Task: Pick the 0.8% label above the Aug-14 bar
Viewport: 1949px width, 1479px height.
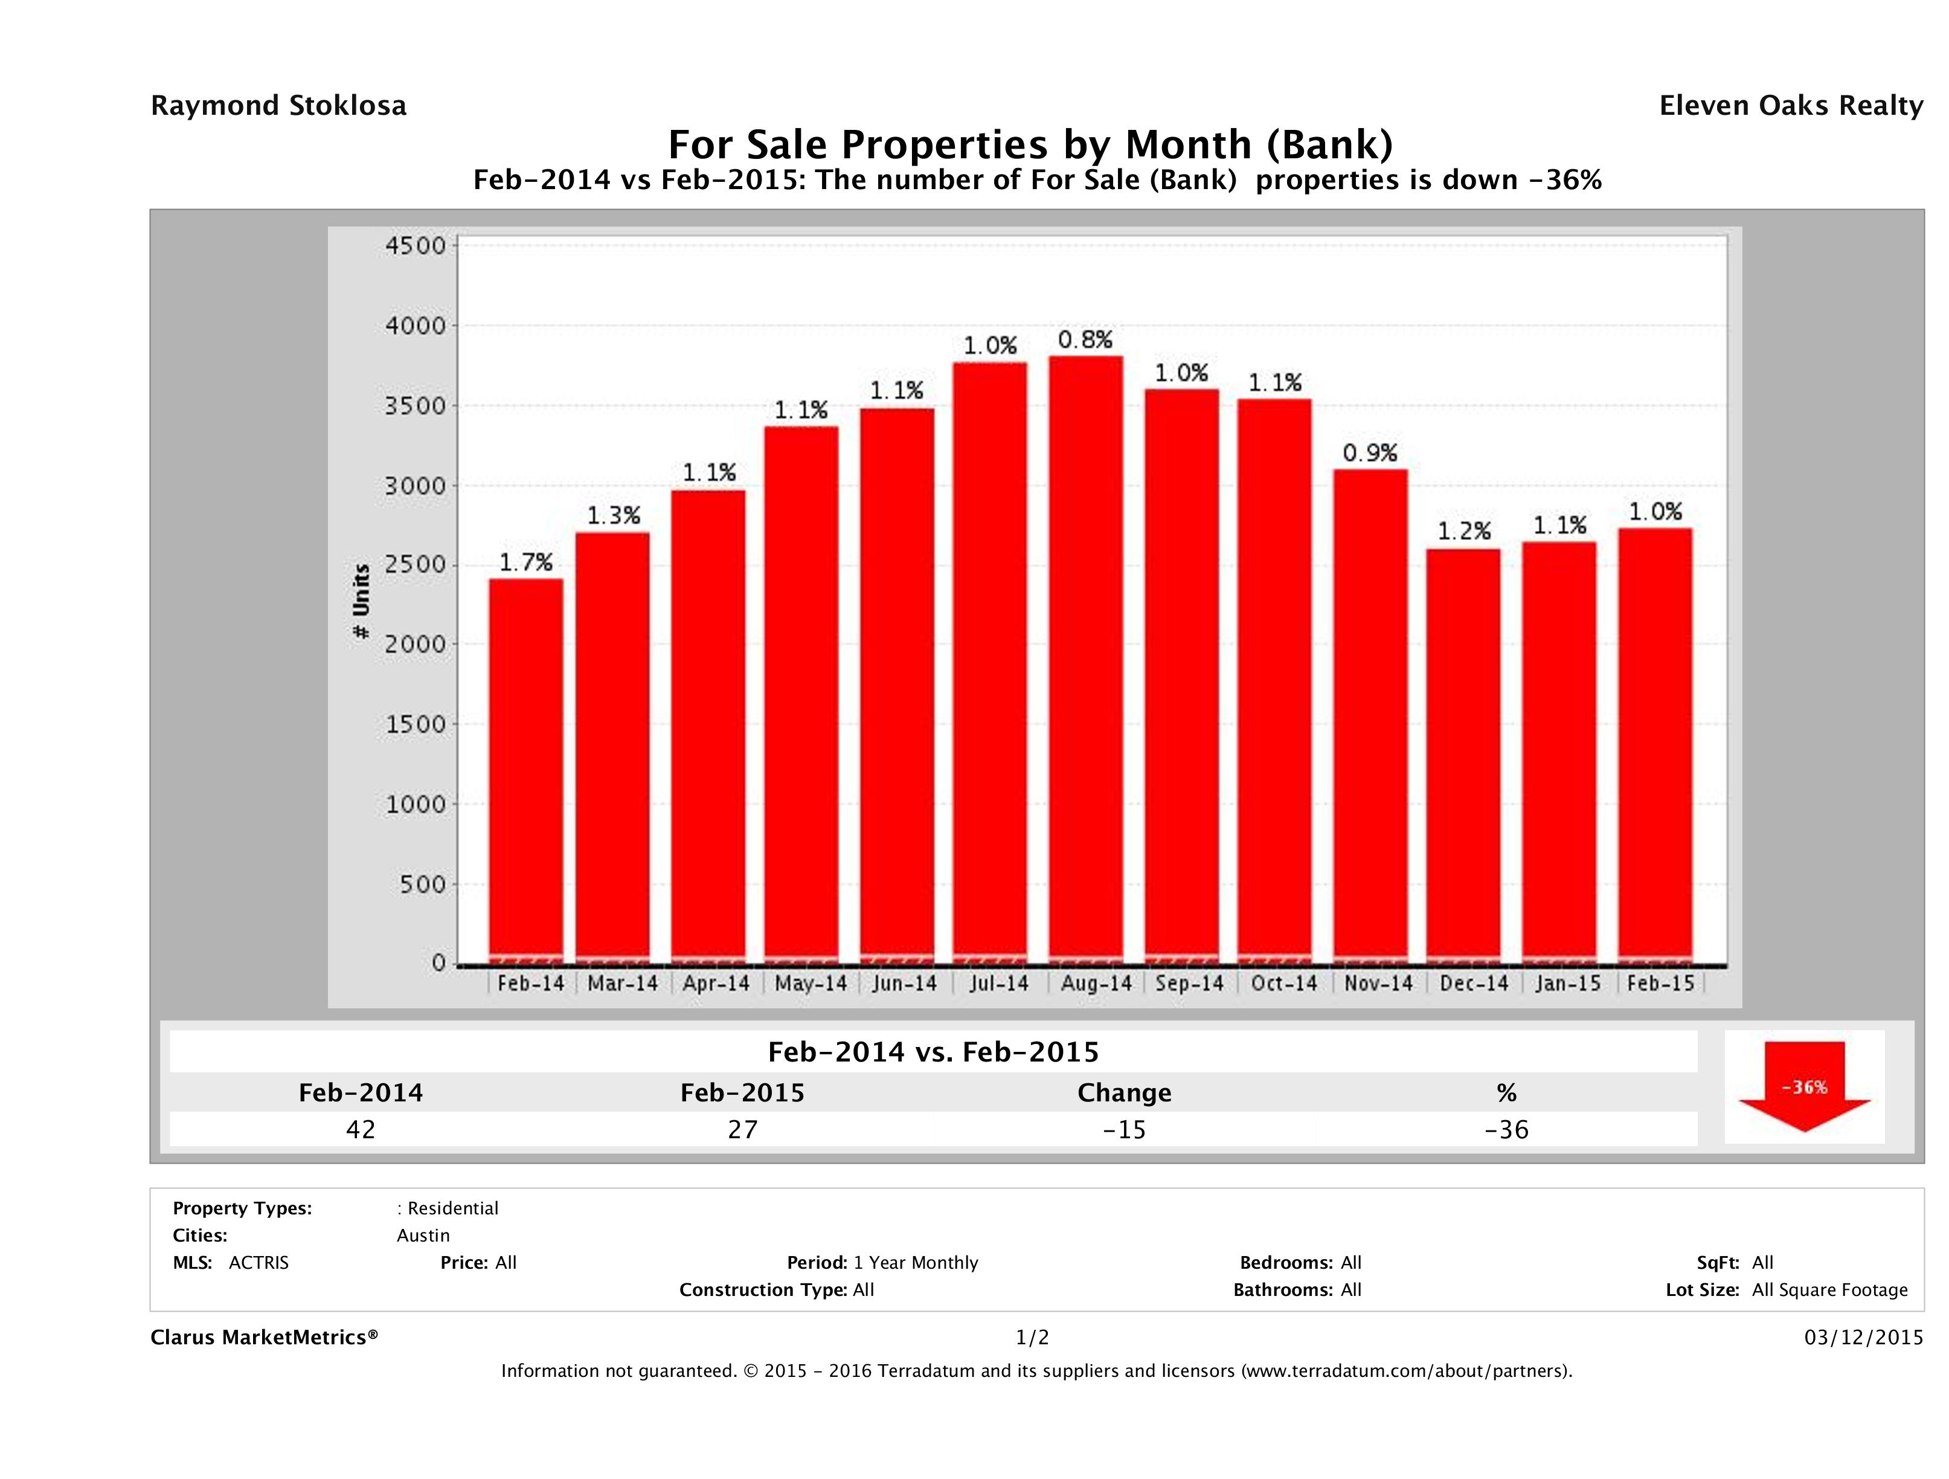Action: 1085,340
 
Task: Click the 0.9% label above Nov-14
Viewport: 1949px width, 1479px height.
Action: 1370,453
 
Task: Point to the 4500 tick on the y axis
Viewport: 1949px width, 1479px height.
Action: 416,246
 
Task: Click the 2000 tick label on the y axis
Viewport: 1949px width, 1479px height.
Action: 416,644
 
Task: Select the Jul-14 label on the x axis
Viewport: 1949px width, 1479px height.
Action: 999,984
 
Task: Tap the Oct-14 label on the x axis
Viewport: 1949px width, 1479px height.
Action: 1284,984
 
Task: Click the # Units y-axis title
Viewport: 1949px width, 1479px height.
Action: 361,602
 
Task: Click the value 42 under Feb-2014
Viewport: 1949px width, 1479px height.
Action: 361,1129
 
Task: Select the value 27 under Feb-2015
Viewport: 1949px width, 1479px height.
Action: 743,1129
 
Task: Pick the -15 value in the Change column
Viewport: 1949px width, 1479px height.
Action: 1125,1129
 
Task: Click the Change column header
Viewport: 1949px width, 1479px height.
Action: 1125,1093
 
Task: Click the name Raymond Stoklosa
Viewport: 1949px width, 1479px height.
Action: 278,106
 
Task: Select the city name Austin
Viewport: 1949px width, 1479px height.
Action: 423,1236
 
